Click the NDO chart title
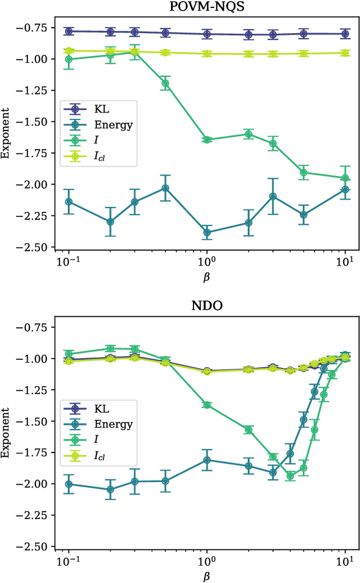(206, 307)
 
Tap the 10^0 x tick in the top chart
(207, 261)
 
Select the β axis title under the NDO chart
(206, 576)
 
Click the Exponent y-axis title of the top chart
(7, 137)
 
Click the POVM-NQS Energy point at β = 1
(207, 232)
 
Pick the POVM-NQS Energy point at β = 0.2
(110, 222)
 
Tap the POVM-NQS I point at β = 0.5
(165, 83)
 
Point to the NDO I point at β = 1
(207, 405)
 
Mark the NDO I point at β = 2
(249, 430)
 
